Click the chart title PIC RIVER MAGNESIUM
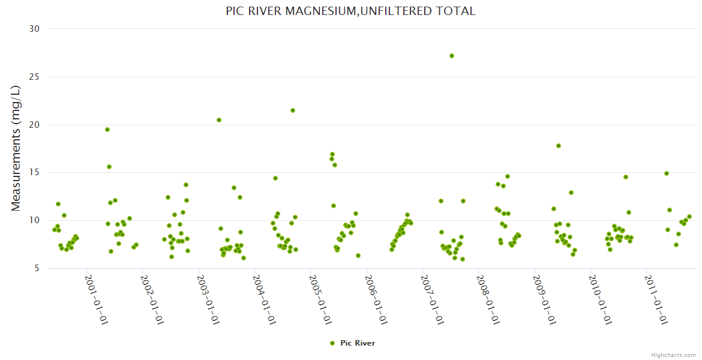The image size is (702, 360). (x=350, y=11)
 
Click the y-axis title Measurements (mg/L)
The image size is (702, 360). (x=16, y=148)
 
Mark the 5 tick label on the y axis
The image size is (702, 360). (x=36, y=268)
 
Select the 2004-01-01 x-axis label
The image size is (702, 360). (x=264, y=299)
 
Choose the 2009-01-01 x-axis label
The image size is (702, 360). (x=544, y=299)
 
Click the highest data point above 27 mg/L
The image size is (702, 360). (x=452, y=56)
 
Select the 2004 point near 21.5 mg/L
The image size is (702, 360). (x=293, y=110)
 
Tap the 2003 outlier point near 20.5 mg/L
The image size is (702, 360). (x=219, y=120)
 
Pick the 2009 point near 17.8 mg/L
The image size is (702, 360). (x=559, y=146)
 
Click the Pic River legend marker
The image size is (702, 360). (x=332, y=343)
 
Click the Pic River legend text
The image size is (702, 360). (x=358, y=343)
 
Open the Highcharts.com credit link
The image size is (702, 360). (x=673, y=355)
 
